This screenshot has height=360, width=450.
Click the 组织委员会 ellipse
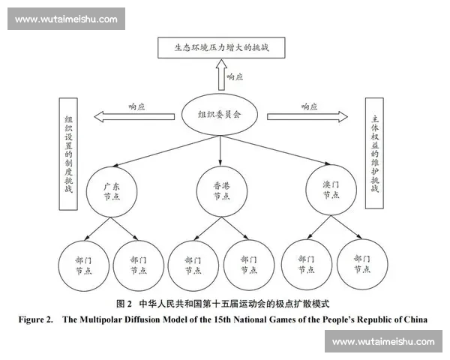pyautogui.click(x=220, y=115)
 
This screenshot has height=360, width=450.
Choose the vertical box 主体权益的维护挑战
pyautogui.click(x=375, y=153)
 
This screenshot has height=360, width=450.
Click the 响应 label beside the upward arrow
pyautogui.click(x=236, y=76)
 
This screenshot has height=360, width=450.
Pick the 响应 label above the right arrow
pyautogui.click(x=310, y=106)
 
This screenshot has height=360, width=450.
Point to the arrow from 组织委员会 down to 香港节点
pyautogui.click(x=220, y=150)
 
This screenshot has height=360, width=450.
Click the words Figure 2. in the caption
pyautogui.click(x=37, y=319)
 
